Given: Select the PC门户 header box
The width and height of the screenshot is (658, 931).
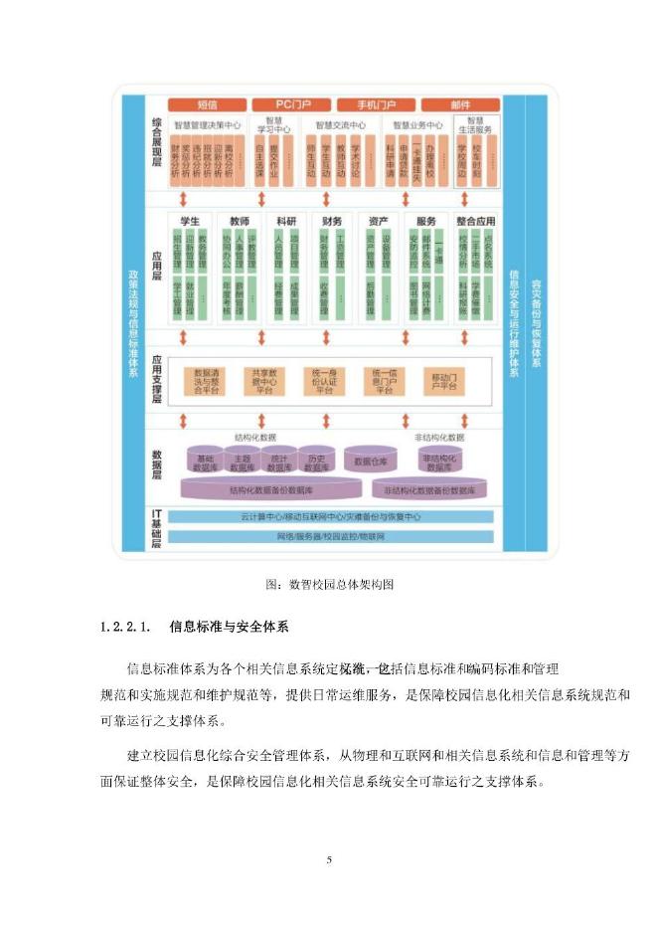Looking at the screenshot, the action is (x=289, y=104).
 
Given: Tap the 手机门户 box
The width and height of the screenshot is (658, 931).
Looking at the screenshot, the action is (x=375, y=104).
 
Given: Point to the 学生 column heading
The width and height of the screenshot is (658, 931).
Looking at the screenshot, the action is (x=189, y=221).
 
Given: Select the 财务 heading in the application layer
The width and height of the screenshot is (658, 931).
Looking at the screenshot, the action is (x=333, y=221).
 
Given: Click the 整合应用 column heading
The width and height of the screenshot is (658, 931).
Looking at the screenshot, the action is (x=477, y=221).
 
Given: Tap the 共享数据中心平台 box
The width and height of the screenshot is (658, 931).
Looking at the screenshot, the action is (x=265, y=383).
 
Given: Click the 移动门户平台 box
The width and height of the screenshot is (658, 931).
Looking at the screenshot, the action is (x=441, y=383).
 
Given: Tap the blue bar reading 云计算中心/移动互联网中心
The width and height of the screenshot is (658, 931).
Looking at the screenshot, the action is (x=332, y=517).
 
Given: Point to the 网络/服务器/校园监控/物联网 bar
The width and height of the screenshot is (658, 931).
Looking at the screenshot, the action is (x=332, y=536).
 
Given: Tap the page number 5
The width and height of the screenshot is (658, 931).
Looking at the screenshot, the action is (x=329, y=857).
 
